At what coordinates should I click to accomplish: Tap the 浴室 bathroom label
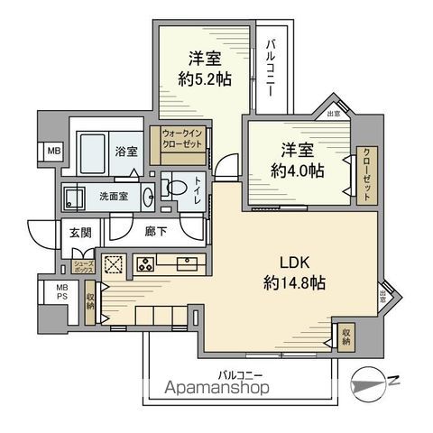pyautogui.click(x=126, y=152)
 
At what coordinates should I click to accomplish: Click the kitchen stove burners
pyautogui.click(x=144, y=264)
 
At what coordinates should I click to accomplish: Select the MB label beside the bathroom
pyautogui.click(x=53, y=152)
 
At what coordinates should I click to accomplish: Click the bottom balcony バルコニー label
pyautogui.click(x=240, y=373)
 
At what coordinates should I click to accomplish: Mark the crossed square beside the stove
pyautogui.click(x=115, y=264)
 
